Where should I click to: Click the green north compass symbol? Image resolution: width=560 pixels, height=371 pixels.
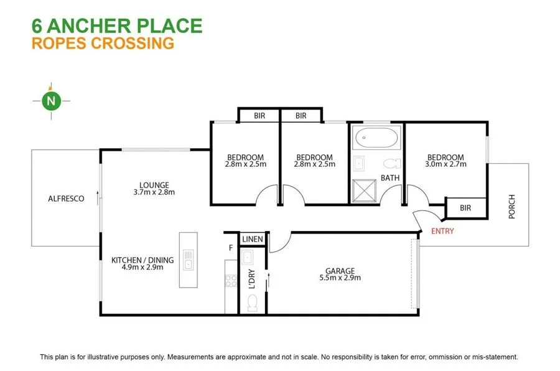[x=52, y=100]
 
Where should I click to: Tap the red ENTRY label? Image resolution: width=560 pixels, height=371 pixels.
[x=442, y=231]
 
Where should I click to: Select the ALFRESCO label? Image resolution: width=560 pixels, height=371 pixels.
[x=66, y=199]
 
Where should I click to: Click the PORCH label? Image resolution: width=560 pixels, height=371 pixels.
[x=512, y=207]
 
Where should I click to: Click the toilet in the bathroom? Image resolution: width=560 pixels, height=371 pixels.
[x=391, y=164]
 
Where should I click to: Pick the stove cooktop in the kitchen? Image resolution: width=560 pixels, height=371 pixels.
[x=231, y=280]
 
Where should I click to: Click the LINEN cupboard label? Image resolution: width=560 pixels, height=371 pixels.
[x=253, y=239]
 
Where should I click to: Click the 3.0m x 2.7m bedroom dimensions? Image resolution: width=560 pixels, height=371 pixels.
[x=446, y=164]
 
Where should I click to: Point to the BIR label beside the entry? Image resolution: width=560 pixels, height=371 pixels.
[x=465, y=208]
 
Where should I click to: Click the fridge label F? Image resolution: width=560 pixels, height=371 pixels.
[x=231, y=247]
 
